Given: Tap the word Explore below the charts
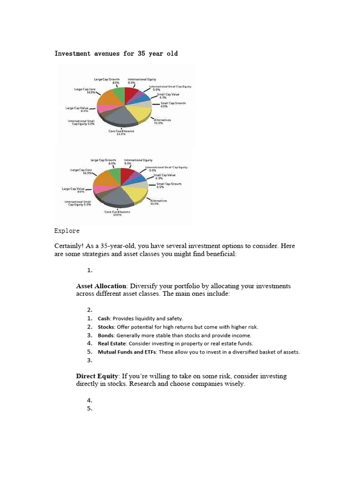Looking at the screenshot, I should pos(67,231).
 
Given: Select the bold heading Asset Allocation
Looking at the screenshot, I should pos(101,286).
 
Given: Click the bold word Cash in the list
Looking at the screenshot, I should pos(104,318).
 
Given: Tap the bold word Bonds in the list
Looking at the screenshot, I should pos(106,335).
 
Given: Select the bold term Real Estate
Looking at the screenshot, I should pos(112,344).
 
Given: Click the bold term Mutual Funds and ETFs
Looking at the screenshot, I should pos(127,352).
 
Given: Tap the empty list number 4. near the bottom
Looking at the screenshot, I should pos(90,400).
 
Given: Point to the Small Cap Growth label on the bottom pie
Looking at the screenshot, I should pos(169,186).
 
